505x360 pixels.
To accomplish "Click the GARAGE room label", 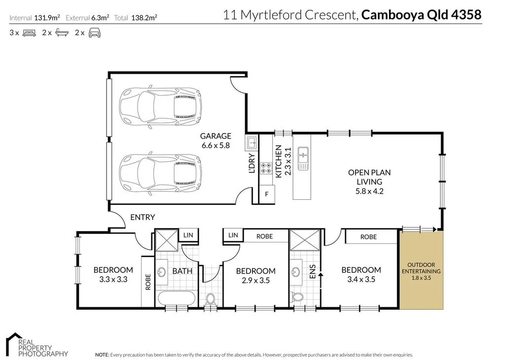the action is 216,136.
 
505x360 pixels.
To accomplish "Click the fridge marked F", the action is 267,194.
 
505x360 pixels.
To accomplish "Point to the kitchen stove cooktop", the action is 266,168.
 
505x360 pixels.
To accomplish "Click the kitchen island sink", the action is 302,158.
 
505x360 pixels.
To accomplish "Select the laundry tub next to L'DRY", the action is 251,144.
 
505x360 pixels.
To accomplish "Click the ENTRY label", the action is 143,217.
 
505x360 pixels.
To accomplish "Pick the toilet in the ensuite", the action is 297,297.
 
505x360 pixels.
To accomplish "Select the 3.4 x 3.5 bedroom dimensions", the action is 361,279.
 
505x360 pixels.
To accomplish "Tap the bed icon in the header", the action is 29,33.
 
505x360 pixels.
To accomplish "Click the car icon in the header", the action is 95,33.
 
